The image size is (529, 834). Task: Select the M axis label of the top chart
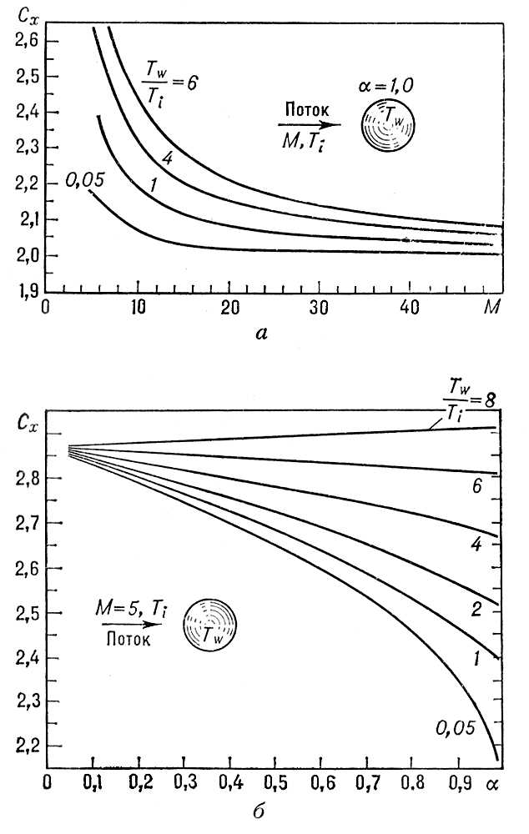point(492,307)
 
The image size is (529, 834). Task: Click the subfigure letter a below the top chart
point(262,334)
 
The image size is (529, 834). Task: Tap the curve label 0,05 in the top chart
point(83,178)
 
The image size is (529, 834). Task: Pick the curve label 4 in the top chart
point(167,158)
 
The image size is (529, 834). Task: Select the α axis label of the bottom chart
point(491,786)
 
